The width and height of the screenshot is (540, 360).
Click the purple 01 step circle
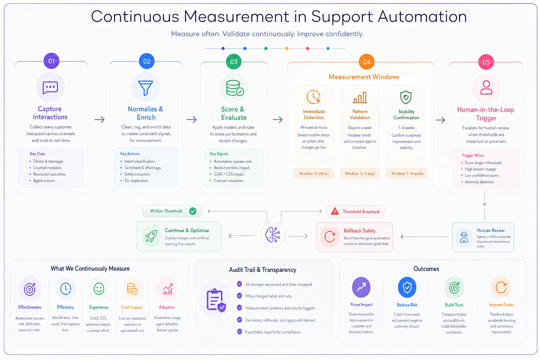[51, 61]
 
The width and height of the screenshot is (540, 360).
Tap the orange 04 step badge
[366, 62]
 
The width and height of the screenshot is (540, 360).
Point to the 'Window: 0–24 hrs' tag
[314, 173]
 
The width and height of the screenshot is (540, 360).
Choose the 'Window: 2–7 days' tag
[360, 173]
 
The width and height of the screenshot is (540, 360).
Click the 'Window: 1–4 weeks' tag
[407, 173]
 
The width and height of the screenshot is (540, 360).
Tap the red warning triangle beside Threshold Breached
[335, 211]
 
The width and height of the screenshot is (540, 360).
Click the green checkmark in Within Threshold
[193, 211]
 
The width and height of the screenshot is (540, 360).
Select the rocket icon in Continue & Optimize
[152, 236]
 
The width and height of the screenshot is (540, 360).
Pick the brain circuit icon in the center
[273, 234]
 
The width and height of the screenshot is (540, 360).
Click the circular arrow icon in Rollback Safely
[329, 237]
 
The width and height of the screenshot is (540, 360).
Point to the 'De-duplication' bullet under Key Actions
[136, 181]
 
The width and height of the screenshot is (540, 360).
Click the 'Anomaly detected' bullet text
[479, 182]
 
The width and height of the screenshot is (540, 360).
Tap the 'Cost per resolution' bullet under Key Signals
[229, 181]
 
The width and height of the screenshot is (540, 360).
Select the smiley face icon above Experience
[99, 289]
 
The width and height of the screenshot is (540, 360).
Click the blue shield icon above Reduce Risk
[407, 287]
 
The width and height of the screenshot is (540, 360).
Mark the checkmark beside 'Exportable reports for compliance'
[239, 332]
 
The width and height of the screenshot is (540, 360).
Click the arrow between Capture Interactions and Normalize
[99, 120]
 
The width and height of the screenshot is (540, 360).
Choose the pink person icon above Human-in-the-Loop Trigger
[486, 87]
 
